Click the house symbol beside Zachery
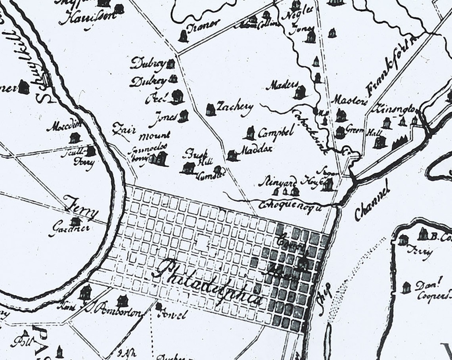pyautogui.click(x=211, y=109)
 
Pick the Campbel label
pyautogui.click(x=276, y=132)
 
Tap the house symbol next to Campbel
pyautogui.click(x=250, y=133)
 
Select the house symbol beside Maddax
pyautogui.click(x=232, y=155)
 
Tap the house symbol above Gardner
pyautogui.click(x=75, y=221)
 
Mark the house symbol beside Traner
pyautogui.click(x=183, y=36)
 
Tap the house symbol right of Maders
pyautogui.click(x=300, y=92)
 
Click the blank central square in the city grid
pyautogui.click(x=203, y=241)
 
